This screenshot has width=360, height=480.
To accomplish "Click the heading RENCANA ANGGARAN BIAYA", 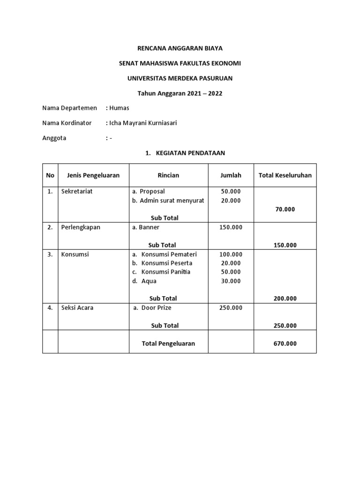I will pyautogui.click(x=180, y=48).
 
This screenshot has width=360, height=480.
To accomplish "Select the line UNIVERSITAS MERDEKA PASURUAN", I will pyautogui.click(x=180, y=78).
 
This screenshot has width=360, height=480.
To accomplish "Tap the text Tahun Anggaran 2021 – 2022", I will pyautogui.click(x=180, y=93).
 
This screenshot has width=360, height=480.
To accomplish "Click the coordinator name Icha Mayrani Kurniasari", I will pyautogui.click(x=143, y=123).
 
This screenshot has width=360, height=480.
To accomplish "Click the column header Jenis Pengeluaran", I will pyautogui.click(x=90, y=175).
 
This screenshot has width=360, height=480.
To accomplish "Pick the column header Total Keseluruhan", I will pyautogui.click(x=285, y=175).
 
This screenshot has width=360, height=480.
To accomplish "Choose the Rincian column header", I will pyautogui.click(x=168, y=175).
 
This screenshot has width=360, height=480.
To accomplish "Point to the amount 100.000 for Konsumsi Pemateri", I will pyautogui.click(x=231, y=254).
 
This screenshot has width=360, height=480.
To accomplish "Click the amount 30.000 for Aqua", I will pyautogui.click(x=231, y=281).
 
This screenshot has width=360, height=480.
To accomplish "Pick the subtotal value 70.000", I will pyautogui.click(x=285, y=210).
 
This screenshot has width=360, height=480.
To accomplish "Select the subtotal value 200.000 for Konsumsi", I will pyautogui.click(x=285, y=299).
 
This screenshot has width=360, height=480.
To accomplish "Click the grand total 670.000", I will pyautogui.click(x=285, y=344).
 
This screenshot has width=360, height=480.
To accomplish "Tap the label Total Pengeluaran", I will pyautogui.click(x=168, y=344).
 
